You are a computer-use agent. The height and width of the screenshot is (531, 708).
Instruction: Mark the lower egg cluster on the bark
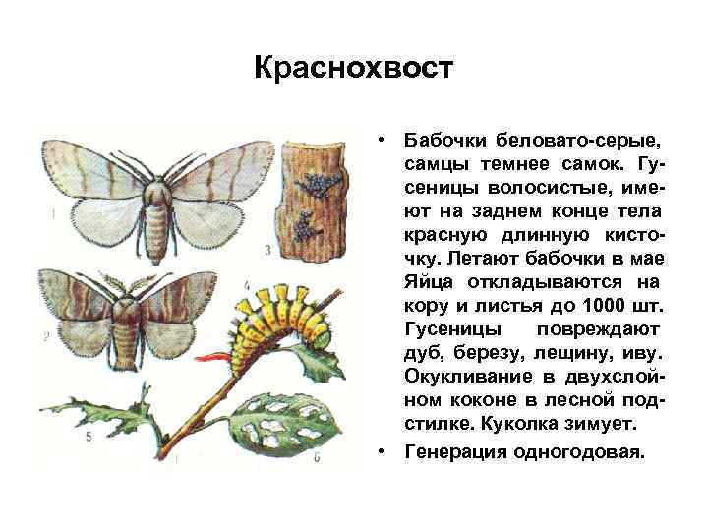click(308, 224)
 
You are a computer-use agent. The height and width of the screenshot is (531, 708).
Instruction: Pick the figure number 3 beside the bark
click(267, 250)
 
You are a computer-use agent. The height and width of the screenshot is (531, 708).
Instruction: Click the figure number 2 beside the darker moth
click(46, 337)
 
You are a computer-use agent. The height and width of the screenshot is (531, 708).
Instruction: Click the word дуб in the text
click(424, 352)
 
